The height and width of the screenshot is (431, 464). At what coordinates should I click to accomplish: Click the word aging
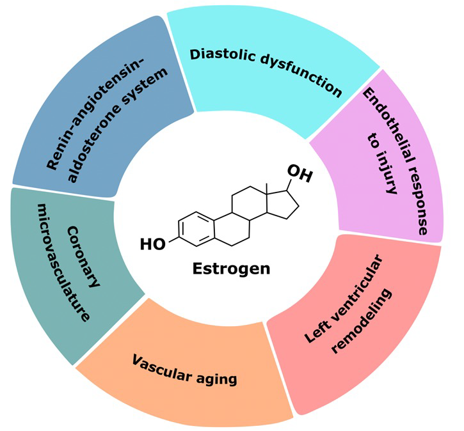(x=218, y=379)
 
